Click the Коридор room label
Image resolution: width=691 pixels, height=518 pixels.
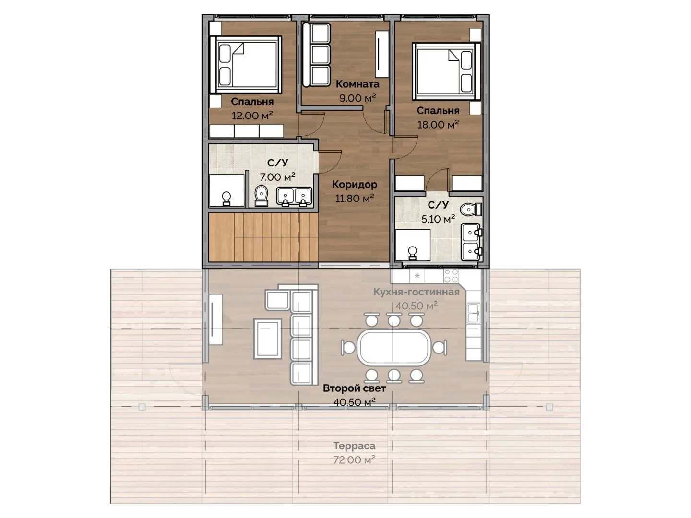click(x=355, y=185)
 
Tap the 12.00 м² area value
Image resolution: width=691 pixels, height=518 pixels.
click(x=252, y=116)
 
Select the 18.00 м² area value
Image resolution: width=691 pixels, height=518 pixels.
click(x=438, y=125)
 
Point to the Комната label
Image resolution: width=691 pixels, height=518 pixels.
click(x=357, y=84)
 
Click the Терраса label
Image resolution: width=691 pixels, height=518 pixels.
click(x=354, y=446)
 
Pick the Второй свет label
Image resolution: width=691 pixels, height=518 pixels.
click(x=354, y=388)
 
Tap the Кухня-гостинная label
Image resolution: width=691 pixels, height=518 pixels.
click(x=416, y=292)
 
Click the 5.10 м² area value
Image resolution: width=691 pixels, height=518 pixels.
click(x=438, y=219)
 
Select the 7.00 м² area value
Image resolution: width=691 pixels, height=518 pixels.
click(x=277, y=177)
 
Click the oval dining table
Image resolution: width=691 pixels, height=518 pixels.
click(x=393, y=348)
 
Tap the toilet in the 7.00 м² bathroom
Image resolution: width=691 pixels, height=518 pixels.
click(x=261, y=196)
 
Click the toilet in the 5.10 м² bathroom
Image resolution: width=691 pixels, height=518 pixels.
click(x=471, y=209)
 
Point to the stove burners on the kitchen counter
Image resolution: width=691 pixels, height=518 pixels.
click(x=451, y=275)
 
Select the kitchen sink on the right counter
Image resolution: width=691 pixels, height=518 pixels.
click(x=474, y=313)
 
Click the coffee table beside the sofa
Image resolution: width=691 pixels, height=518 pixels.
click(x=267, y=339)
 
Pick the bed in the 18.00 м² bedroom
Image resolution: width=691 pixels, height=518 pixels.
click(x=446, y=71)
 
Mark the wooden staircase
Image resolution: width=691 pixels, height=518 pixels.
click(x=263, y=237)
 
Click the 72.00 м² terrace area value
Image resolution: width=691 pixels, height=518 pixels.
click(x=354, y=460)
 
